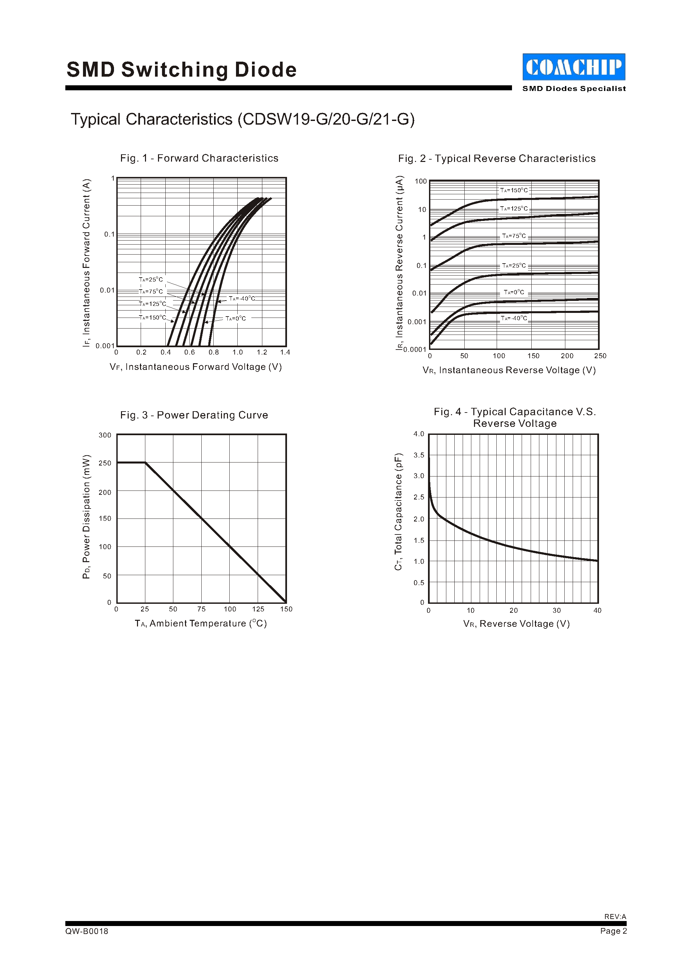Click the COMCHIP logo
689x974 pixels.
point(574,67)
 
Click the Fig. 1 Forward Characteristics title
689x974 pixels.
point(199,158)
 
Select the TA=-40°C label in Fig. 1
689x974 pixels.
point(242,299)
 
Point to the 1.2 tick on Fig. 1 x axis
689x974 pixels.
point(262,352)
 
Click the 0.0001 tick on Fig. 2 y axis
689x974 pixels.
point(415,350)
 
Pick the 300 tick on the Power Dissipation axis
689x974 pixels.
point(105,435)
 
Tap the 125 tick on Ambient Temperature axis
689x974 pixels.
point(258,609)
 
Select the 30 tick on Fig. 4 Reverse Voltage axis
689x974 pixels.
point(557,610)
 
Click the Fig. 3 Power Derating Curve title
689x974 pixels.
point(194,415)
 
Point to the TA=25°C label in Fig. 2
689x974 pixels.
point(514,266)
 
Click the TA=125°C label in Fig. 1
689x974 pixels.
point(152,304)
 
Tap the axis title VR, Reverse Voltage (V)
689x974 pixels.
point(516,623)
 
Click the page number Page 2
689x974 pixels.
point(613,931)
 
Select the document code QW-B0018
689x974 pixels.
point(87,931)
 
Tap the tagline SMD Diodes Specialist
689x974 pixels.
point(574,89)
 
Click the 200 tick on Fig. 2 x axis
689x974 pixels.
point(567,356)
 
